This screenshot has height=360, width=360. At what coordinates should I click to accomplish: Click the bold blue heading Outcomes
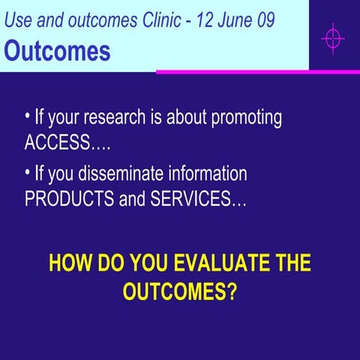coord(58,50)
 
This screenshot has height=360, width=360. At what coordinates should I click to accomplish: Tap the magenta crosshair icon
coord(332,37)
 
